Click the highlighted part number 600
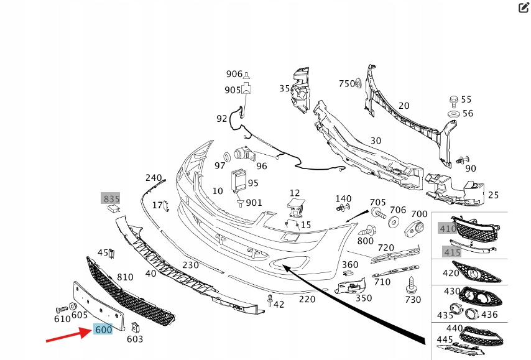pos(103,330)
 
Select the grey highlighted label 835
pos(111,199)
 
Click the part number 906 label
pos(234,75)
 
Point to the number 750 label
pos(346,84)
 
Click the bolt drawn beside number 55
pos(453,99)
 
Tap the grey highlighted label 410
pos(448,228)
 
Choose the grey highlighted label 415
pos(451,252)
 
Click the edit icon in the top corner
pos(523,7)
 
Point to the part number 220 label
pos(307,299)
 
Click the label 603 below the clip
pos(135,339)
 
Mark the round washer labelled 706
pos(394,223)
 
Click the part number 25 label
pos(493,195)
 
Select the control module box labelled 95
pos(238,181)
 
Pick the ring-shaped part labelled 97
pos(227,155)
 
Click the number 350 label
pos(364,298)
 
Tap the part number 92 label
pos(222,118)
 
